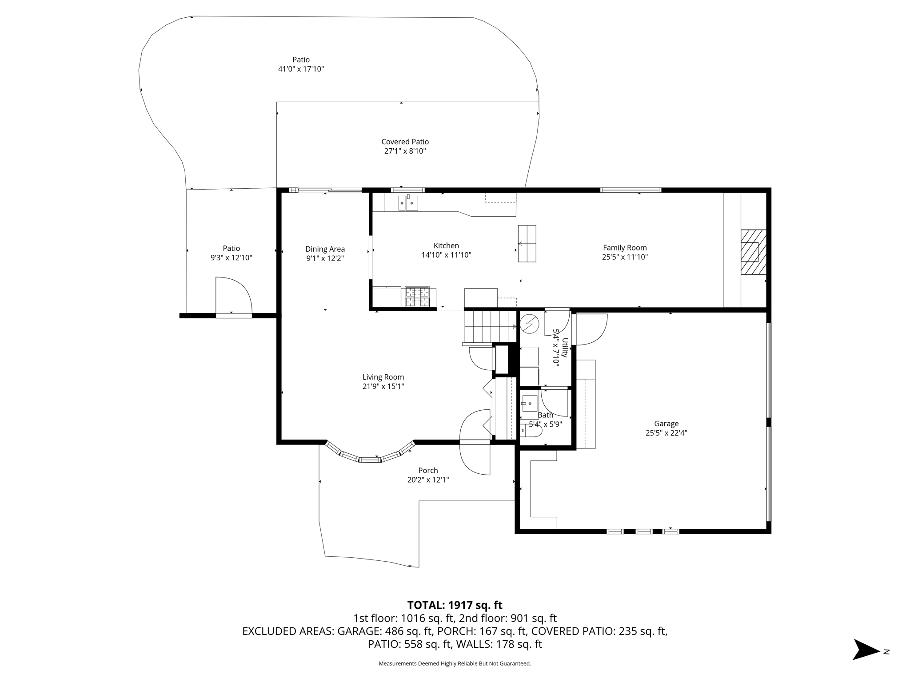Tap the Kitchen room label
click(x=446, y=246)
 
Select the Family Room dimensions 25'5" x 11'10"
click(x=625, y=257)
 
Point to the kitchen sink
click(x=408, y=203)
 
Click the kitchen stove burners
click(x=417, y=297)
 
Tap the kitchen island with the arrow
click(x=527, y=243)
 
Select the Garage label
click(x=666, y=424)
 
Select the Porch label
click(x=428, y=471)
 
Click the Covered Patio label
click(x=405, y=142)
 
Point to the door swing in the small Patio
click(x=234, y=296)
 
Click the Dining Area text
click(x=325, y=249)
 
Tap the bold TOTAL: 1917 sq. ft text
click(x=455, y=605)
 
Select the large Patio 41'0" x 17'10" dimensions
click(x=301, y=69)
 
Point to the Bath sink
click(x=529, y=403)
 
